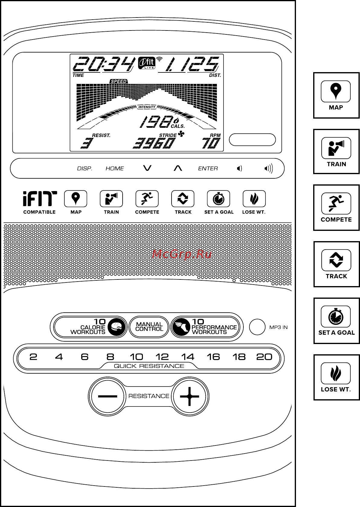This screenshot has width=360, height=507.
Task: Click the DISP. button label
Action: click(85, 168)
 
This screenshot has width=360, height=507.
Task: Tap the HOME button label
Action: click(115, 168)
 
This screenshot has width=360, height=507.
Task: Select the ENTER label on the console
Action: click(208, 168)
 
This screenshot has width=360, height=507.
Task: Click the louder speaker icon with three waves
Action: click(268, 168)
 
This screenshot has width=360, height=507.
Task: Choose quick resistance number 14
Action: click(188, 357)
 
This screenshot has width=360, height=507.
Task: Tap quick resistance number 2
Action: click(33, 357)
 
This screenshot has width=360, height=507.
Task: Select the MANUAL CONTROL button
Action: click(149, 327)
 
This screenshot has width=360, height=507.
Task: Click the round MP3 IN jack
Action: click(257, 327)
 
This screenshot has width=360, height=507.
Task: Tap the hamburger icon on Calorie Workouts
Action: click(117, 327)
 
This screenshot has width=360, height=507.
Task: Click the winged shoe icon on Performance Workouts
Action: click(181, 327)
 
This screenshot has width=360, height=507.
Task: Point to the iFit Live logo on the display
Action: click(147, 63)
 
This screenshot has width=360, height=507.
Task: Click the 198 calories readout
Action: click(156, 122)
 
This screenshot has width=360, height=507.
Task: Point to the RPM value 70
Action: click(211, 144)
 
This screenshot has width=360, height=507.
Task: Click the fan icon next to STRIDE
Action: click(181, 134)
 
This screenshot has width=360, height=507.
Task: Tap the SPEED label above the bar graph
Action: click(119, 81)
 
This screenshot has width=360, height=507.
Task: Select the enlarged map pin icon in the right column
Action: click(336, 91)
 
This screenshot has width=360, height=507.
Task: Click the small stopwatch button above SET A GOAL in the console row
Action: click(218, 199)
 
